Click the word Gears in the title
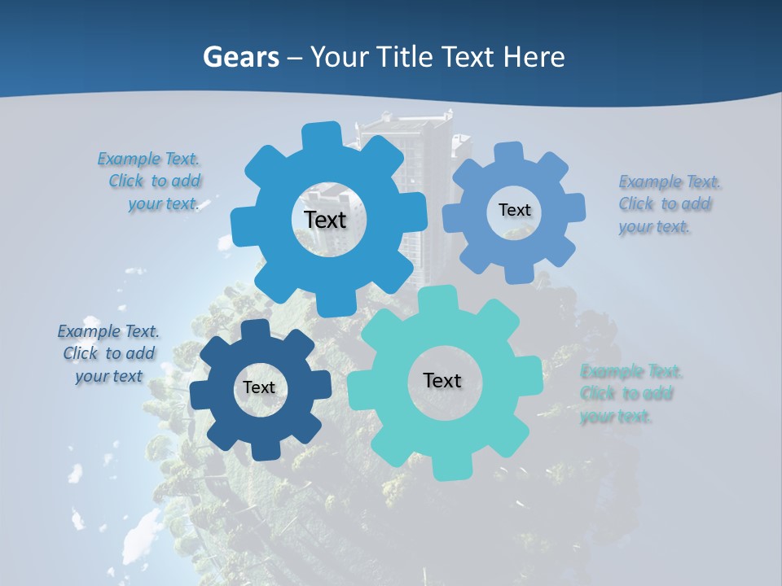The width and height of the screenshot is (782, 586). [x=241, y=57]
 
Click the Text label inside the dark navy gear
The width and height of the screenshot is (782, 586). [x=259, y=388]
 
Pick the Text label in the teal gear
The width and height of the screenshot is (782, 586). [x=442, y=380]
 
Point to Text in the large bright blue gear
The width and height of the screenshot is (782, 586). [x=325, y=220]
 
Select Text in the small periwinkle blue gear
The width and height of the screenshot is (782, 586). [x=514, y=210]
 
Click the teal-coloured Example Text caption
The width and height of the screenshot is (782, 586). [x=630, y=394]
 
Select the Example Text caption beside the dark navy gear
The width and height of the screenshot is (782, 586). [x=108, y=353]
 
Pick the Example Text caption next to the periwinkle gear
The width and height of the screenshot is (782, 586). [x=670, y=203]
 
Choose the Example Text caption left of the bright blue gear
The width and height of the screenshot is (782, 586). [x=150, y=181]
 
